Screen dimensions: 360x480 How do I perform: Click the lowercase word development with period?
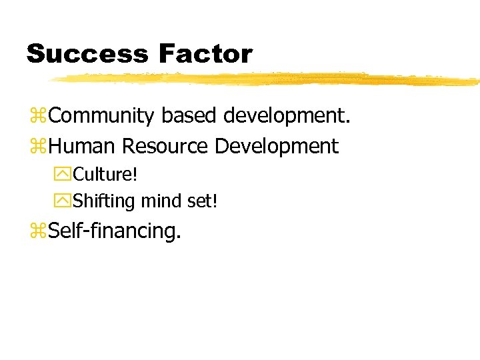tap(287, 116)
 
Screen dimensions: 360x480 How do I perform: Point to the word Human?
tap(83, 145)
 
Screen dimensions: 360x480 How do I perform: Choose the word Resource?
tap(165, 145)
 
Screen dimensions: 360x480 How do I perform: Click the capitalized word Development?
tap(277, 145)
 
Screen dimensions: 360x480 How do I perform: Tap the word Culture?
tap(105, 175)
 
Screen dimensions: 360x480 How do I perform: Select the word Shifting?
tap(105, 200)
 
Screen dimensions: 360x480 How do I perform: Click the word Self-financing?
tap(115, 231)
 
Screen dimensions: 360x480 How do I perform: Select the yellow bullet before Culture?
tap(65, 175)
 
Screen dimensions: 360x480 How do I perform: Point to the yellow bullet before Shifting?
tap(65, 200)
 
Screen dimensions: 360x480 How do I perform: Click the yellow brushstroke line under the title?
tap(267, 79)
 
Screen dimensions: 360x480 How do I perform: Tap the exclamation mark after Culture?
tap(135, 175)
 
